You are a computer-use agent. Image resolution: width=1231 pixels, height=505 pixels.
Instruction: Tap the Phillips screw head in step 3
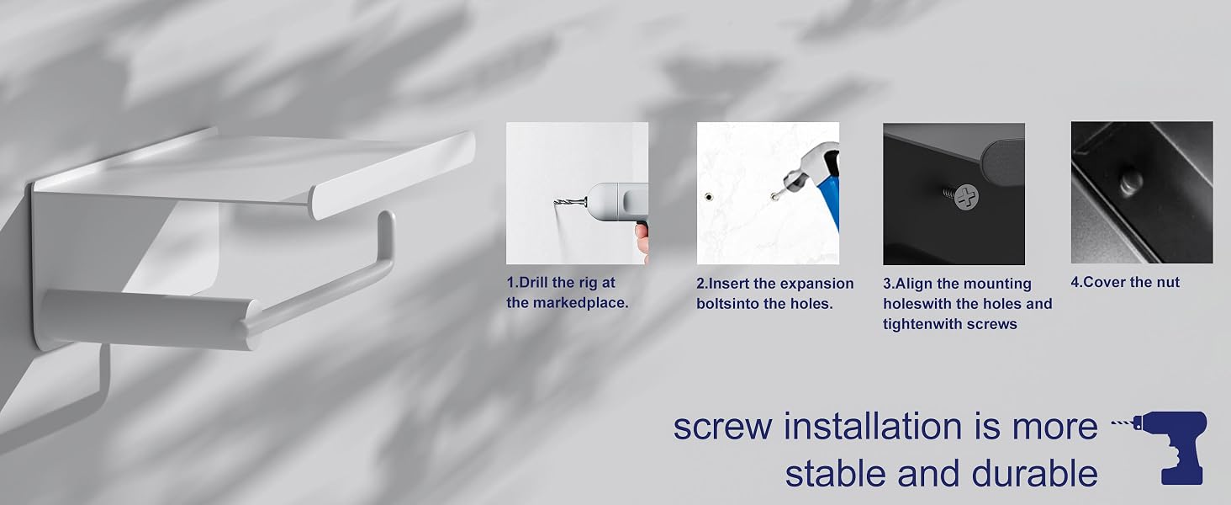967,197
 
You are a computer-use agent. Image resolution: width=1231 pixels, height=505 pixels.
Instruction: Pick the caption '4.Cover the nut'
1125,282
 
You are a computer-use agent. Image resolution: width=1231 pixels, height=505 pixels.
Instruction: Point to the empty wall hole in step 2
709,197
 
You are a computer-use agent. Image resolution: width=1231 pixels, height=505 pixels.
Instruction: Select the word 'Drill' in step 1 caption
533,283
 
